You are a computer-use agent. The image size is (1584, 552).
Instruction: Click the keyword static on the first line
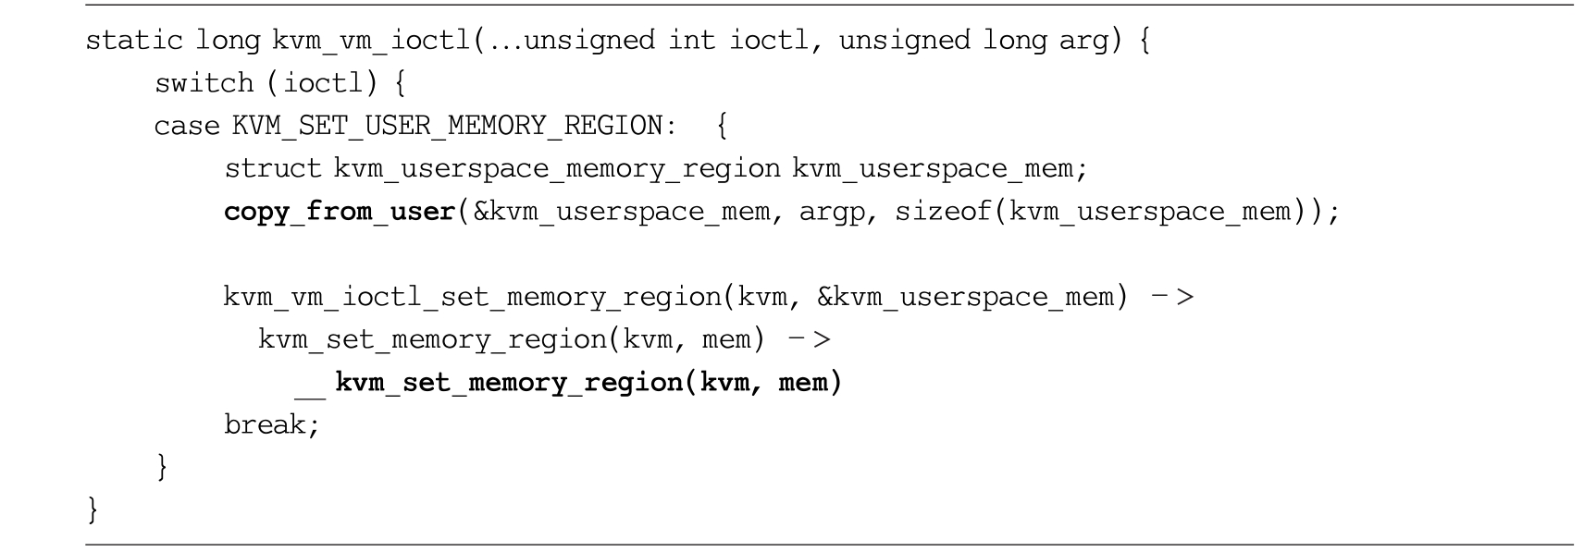(x=134, y=41)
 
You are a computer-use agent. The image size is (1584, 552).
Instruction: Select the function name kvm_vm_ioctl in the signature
(x=372, y=41)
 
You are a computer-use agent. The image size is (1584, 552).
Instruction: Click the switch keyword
(x=204, y=83)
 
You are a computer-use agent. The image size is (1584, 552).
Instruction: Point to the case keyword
(x=188, y=126)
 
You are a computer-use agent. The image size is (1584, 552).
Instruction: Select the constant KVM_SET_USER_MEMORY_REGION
(x=447, y=126)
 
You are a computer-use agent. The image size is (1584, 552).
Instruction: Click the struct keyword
(x=273, y=169)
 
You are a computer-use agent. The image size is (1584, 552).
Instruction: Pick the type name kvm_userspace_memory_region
(x=557, y=169)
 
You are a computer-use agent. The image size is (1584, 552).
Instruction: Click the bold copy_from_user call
(x=340, y=212)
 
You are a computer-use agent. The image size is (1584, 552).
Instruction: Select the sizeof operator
(x=944, y=212)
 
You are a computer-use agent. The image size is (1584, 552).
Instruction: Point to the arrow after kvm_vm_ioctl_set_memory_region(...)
(x=1172, y=297)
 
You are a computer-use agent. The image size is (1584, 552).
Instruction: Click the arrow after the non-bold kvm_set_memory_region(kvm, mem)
(x=810, y=340)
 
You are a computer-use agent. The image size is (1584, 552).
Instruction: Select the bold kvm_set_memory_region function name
(x=509, y=383)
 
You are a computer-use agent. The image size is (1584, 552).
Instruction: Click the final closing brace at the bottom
(x=92, y=509)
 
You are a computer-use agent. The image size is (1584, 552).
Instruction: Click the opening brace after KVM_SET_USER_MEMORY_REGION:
(x=722, y=126)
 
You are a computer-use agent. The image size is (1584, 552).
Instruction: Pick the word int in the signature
(x=692, y=41)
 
